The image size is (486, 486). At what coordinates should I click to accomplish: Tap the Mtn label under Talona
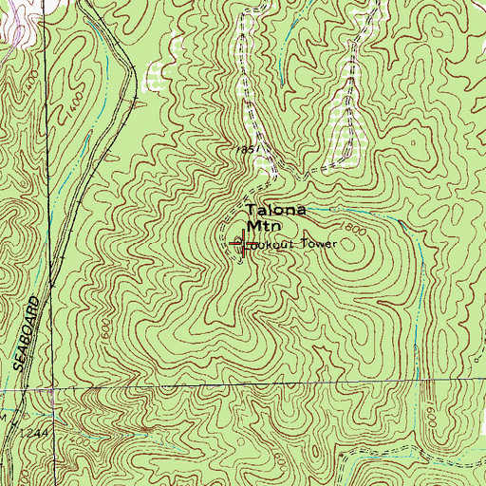pyautogui.click(x=262, y=227)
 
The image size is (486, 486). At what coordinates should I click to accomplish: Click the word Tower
pyautogui.click(x=320, y=244)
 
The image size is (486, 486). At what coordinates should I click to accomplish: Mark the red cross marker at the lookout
pyautogui.click(x=246, y=246)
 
